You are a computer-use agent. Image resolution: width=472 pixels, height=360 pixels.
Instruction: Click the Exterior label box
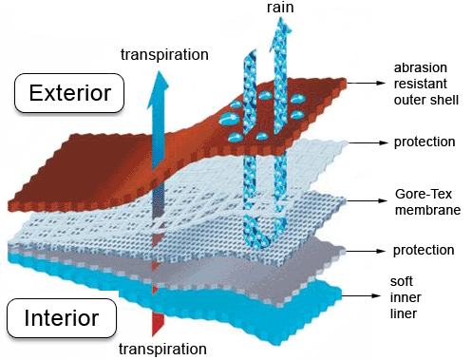pos(63,93)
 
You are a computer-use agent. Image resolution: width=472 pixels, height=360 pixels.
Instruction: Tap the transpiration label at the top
pos(164,53)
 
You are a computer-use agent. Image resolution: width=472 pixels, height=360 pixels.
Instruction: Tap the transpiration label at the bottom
pos(163,349)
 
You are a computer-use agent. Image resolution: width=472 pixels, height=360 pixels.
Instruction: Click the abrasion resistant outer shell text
pos(426,84)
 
